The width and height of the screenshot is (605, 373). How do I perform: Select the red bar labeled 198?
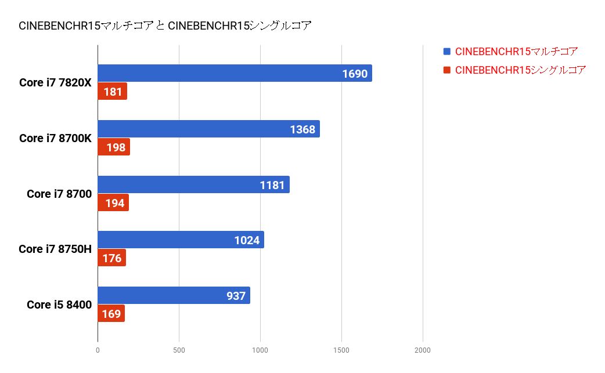point(114,147)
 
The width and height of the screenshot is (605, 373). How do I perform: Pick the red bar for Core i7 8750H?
point(111,258)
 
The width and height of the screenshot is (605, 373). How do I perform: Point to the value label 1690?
point(354,74)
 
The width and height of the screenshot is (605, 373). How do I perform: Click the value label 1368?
point(302,129)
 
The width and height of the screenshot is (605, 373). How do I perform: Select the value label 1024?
point(247,240)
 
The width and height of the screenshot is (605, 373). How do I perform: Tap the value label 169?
point(111,314)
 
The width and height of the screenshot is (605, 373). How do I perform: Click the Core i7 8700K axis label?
point(55,138)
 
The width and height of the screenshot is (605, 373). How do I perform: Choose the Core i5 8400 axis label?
point(59,305)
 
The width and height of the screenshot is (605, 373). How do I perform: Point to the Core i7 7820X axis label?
point(55,82)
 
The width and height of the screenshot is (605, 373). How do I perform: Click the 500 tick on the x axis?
point(179,350)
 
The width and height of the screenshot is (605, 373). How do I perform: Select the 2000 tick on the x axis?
point(423,350)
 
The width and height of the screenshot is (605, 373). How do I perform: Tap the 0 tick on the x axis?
point(98,350)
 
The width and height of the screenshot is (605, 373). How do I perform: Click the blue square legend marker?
point(446,52)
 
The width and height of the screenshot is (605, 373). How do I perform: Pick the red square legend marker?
point(446,70)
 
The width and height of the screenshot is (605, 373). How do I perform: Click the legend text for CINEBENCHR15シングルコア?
point(520,70)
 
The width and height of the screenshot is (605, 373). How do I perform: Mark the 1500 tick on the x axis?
point(341,350)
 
